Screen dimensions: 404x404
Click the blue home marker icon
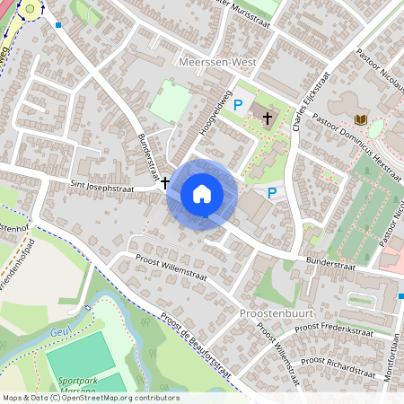pos(202,193)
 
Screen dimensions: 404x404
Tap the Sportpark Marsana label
pos(81,384)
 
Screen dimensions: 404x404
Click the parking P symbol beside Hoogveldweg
pos(238,106)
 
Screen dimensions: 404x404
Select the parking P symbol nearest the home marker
pos(272,192)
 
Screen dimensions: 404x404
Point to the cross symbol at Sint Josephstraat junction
pos(165,182)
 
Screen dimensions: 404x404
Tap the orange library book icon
pos(361,120)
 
